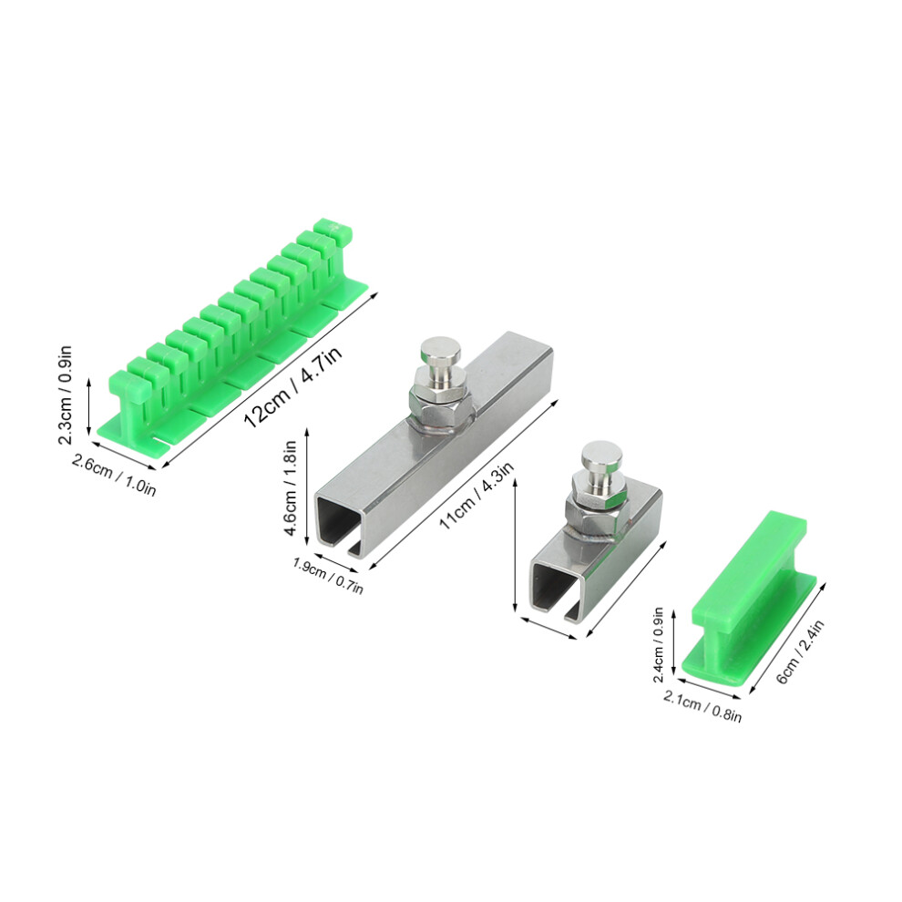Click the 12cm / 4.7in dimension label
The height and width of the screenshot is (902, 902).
(293, 386)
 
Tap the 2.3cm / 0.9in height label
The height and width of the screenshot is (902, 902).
(65, 395)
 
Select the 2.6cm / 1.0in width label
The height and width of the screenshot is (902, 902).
(114, 475)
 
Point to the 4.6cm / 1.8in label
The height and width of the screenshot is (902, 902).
(291, 487)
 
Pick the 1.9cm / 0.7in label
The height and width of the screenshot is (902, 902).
(328, 575)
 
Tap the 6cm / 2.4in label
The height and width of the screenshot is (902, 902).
(800, 651)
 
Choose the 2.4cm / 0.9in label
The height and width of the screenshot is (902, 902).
(659, 644)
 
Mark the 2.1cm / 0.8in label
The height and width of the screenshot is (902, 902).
(702, 706)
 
